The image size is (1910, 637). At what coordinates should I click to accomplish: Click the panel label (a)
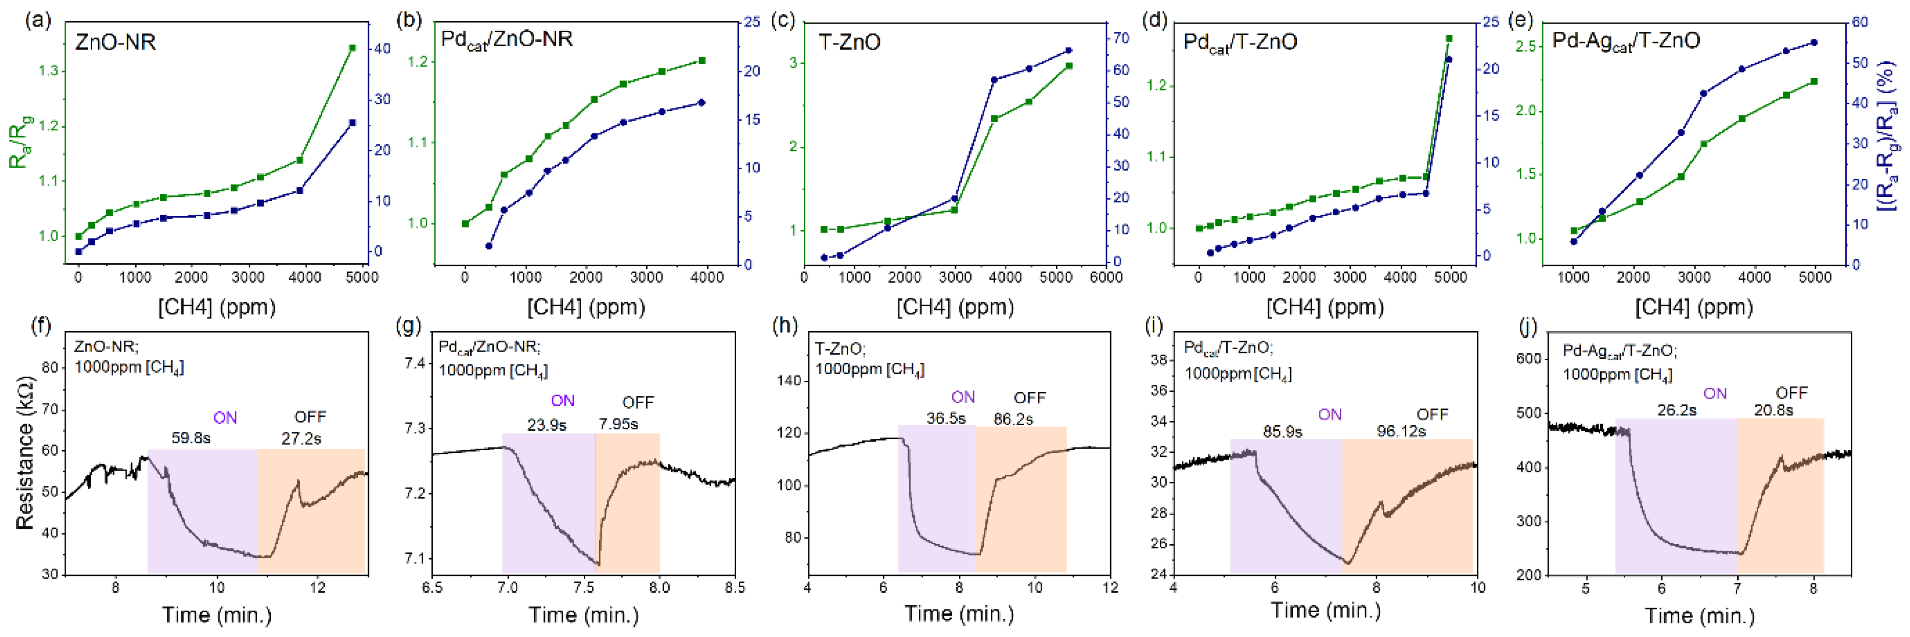[38, 20]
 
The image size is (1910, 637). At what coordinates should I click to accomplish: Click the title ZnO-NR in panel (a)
[116, 42]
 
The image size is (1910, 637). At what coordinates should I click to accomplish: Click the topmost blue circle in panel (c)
[1068, 50]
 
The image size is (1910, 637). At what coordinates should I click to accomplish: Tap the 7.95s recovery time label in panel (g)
[619, 425]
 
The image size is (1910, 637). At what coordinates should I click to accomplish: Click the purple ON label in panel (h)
[963, 398]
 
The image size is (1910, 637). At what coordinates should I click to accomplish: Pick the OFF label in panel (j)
[1792, 393]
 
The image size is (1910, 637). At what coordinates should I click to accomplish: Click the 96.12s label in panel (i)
[1400, 431]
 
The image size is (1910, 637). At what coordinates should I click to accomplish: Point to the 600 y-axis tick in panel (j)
[1528, 359]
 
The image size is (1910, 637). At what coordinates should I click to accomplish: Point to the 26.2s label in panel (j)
[1676, 410]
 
